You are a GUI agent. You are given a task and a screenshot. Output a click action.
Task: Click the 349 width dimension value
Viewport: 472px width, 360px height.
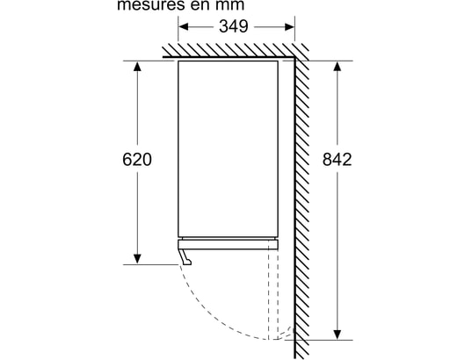click(x=234, y=26)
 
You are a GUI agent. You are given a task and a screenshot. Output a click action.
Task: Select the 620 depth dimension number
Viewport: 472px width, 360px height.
click(x=137, y=160)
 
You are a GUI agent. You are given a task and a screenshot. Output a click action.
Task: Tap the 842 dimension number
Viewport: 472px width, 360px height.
click(x=338, y=160)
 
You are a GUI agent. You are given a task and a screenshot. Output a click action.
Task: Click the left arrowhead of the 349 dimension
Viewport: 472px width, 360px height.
click(x=184, y=26)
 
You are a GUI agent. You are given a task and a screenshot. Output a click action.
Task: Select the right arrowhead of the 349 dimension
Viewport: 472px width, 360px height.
click(x=289, y=26)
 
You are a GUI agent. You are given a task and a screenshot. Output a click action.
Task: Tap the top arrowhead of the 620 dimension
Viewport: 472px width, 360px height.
click(x=137, y=66)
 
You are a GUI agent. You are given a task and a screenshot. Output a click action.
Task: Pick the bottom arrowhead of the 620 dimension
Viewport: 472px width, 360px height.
click(x=137, y=259)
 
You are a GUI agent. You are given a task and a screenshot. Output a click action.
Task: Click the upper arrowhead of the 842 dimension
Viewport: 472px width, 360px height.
click(x=338, y=66)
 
